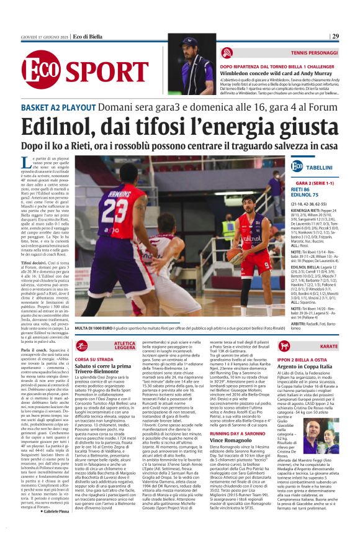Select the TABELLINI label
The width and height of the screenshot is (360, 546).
pos(320,168)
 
